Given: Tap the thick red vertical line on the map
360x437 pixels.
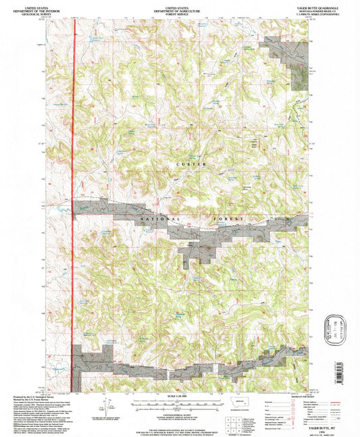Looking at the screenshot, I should point(72,203).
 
